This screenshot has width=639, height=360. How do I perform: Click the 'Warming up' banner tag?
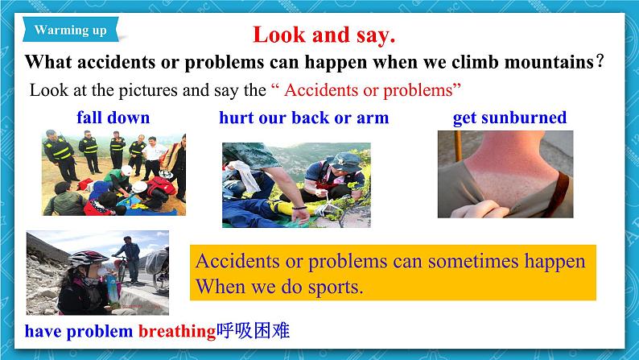(71, 30)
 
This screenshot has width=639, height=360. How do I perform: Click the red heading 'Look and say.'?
(324, 35)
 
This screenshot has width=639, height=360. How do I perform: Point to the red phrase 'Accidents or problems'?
(369, 90)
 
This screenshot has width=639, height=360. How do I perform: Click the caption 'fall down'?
(113, 118)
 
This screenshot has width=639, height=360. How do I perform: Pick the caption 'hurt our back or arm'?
(304, 118)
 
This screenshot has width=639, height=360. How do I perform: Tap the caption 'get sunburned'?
(509, 118)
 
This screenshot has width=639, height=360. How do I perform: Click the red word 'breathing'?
(177, 331)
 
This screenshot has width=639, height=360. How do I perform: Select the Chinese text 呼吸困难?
(253, 330)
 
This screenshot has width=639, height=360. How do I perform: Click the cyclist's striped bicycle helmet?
(88, 258)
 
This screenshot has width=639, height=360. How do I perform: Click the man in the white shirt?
(153, 158)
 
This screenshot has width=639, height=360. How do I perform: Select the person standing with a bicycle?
(130, 259)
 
